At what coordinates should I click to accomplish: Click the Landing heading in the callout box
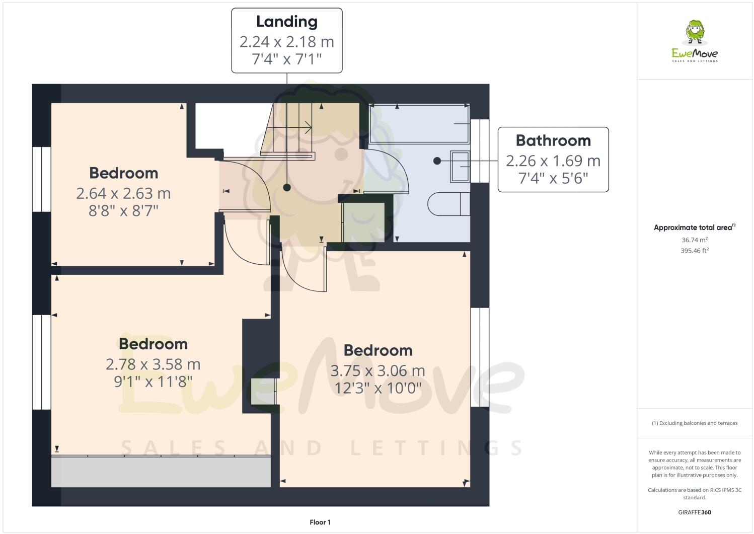(x=286, y=22)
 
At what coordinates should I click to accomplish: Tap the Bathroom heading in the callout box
(x=553, y=140)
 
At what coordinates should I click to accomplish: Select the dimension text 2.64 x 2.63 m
(x=123, y=193)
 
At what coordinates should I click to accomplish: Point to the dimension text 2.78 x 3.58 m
(x=153, y=364)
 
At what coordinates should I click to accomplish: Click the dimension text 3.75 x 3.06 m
(x=378, y=370)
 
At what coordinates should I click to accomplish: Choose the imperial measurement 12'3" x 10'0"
(x=378, y=388)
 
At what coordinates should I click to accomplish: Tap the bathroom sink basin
(x=460, y=167)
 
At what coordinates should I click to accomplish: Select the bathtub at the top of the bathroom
(x=419, y=124)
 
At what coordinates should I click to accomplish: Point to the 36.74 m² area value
(x=695, y=240)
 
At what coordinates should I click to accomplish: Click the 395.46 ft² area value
(x=695, y=250)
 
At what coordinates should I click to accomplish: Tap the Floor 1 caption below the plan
(x=320, y=522)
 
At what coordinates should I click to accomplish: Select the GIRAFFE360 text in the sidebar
(x=695, y=512)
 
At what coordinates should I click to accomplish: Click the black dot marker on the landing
(x=287, y=188)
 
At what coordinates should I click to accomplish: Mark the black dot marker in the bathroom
(x=437, y=161)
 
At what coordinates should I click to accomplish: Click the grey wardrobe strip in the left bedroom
(x=161, y=472)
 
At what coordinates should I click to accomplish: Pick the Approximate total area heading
(x=694, y=227)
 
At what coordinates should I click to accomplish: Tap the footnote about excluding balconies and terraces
(x=695, y=423)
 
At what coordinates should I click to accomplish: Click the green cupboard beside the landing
(x=363, y=222)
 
